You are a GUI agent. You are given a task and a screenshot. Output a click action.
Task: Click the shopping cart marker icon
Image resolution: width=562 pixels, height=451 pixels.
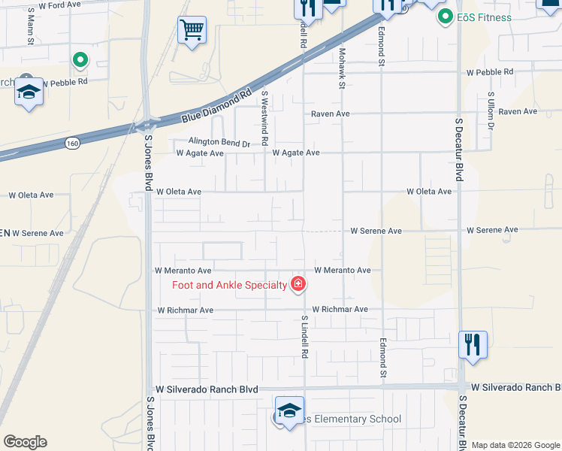(x=192, y=30)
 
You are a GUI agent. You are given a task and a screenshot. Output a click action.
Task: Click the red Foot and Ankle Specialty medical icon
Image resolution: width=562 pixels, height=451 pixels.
(x=298, y=283)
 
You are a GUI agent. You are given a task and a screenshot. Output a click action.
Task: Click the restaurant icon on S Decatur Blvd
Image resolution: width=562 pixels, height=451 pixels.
(x=473, y=344)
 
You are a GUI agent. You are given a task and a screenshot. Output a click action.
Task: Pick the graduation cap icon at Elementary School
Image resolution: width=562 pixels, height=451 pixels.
(x=289, y=410)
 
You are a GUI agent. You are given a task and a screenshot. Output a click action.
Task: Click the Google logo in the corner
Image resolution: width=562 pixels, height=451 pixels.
(x=25, y=442)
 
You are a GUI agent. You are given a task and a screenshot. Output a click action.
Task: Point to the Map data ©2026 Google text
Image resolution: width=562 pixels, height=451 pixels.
(x=515, y=445)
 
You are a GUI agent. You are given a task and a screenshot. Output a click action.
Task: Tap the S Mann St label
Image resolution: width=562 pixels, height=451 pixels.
(x=31, y=26)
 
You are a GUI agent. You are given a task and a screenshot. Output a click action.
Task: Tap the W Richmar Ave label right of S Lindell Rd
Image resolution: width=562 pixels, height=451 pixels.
(x=340, y=309)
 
